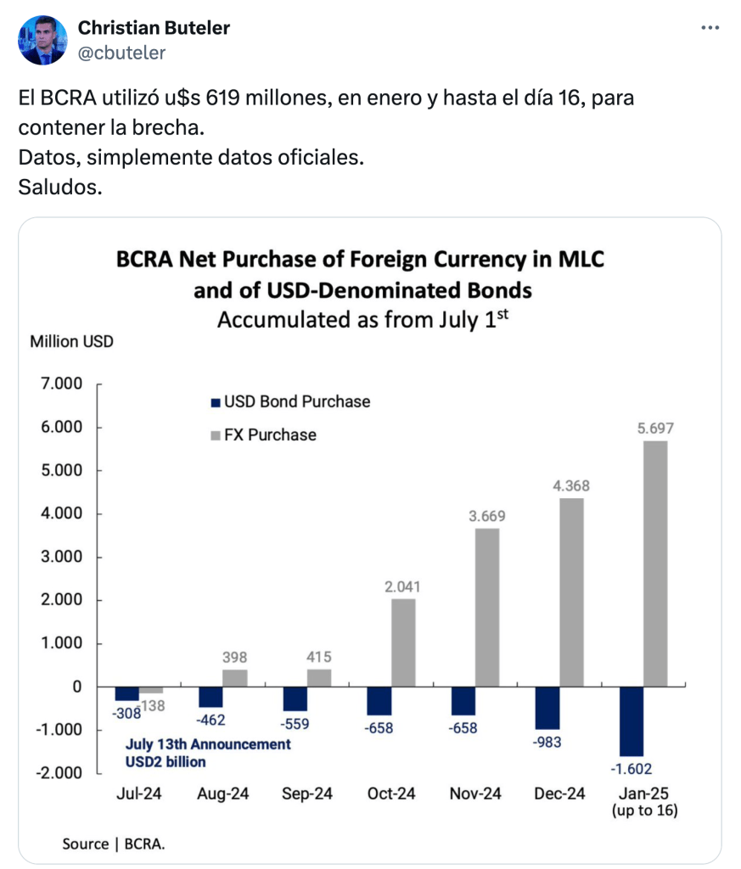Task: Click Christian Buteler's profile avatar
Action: click(42, 40)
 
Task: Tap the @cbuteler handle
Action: click(121, 53)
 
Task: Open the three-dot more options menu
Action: click(710, 28)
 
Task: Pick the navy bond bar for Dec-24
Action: click(547, 708)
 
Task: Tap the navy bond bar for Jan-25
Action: click(632, 720)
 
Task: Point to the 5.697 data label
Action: click(656, 429)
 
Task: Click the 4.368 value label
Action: click(572, 486)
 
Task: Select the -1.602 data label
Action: click(632, 768)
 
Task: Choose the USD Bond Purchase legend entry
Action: click(289, 401)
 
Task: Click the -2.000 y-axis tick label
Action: click(60, 773)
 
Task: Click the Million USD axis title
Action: click(71, 342)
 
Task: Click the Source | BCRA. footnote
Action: click(113, 844)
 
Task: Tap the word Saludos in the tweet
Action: click(59, 186)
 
